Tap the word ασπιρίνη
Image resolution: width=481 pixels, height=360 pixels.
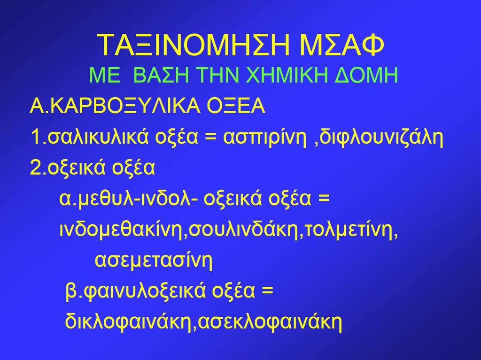click(x=265, y=138)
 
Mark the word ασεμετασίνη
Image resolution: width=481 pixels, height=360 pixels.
click(x=154, y=260)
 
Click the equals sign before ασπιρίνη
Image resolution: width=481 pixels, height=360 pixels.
click(x=210, y=138)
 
